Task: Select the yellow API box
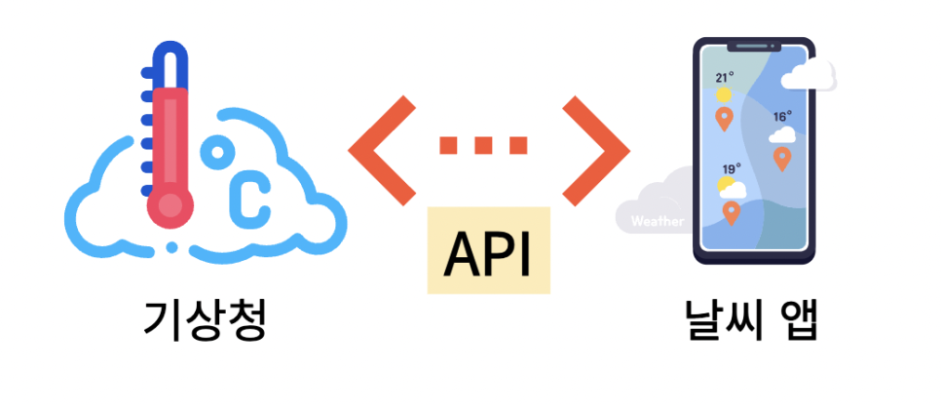488,251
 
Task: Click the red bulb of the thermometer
170,203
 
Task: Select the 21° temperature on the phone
724,77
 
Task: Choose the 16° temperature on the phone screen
782,117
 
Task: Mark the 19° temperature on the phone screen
732,167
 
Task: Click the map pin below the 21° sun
724,119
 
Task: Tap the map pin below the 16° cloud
781,159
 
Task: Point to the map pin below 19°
731,211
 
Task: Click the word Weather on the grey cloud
657,221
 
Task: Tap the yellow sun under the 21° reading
724,95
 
